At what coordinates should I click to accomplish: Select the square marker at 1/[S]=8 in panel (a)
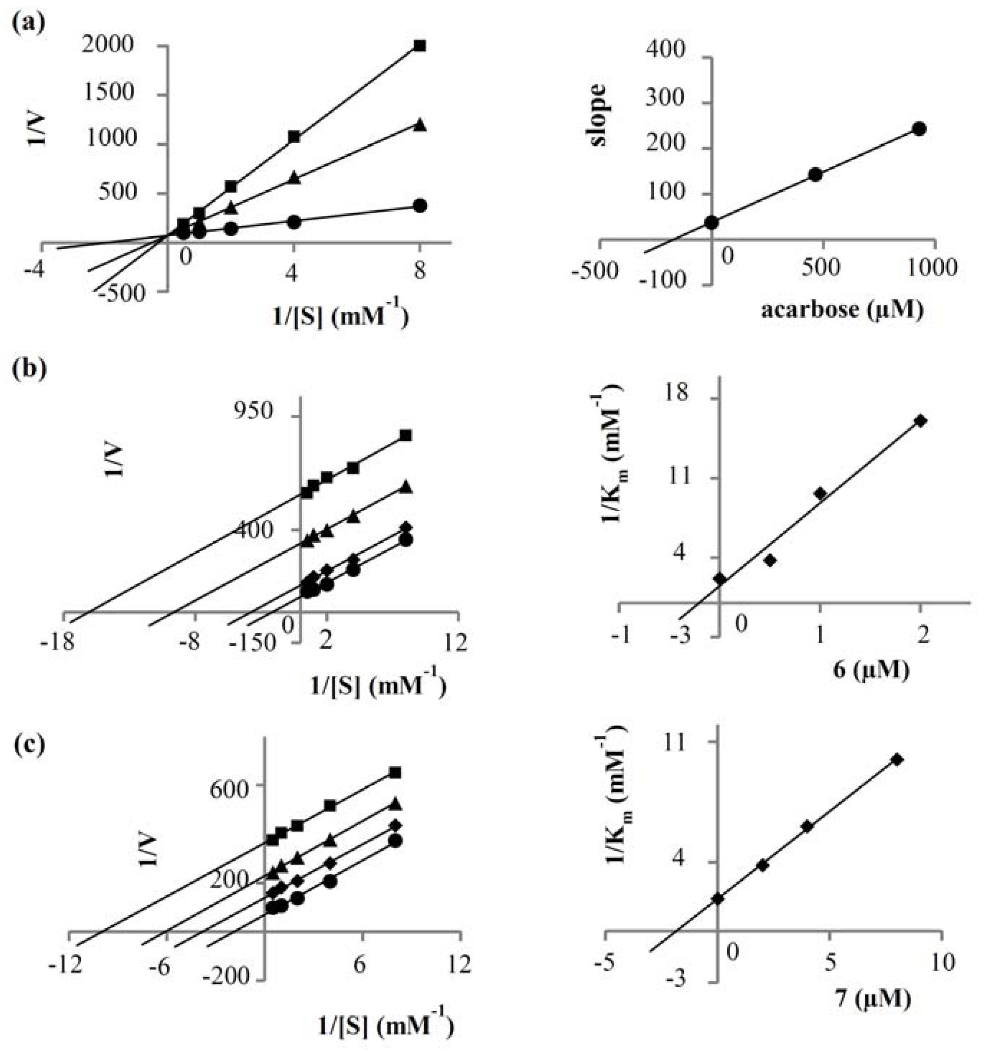[420, 46]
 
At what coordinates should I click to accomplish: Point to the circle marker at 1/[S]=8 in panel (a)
[420, 206]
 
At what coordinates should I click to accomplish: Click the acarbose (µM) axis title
[842, 310]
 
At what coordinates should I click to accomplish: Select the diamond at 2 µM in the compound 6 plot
[920, 421]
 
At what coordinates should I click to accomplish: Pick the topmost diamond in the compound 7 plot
[897, 760]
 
